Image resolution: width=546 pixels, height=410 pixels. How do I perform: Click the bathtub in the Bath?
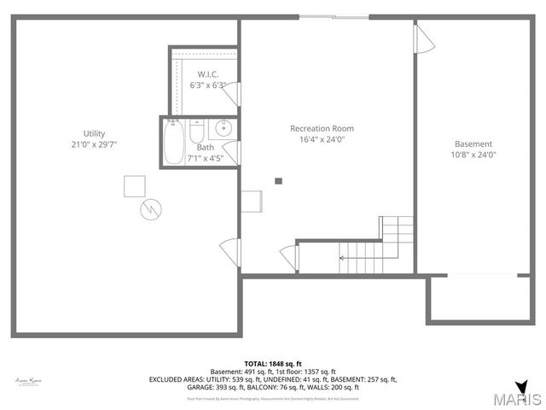coord(174,142)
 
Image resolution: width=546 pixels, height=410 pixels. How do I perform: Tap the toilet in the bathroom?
coord(196,134)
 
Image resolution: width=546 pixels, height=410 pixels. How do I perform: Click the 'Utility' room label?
coord(94,133)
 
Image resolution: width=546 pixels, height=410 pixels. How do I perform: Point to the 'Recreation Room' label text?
coord(322,128)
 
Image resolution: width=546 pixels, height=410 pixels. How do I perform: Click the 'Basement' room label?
coord(473,143)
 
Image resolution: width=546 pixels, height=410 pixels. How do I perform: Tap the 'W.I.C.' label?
coord(206,74)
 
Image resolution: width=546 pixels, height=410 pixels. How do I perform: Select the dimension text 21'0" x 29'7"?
coord(94,144)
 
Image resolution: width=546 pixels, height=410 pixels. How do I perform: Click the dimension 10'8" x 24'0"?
coord(473,155)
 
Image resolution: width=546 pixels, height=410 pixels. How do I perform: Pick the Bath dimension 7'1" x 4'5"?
coord(205,158)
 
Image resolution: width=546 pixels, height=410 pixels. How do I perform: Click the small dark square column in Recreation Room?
coord(278,180)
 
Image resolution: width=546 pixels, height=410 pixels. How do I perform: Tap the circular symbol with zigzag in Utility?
coord(150,208)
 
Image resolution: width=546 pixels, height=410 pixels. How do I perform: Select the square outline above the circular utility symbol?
coord(134,185)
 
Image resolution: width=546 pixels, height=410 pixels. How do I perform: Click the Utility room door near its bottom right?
coord(229,252)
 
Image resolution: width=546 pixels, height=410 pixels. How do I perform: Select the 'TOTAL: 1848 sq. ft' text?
coord(272,363)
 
